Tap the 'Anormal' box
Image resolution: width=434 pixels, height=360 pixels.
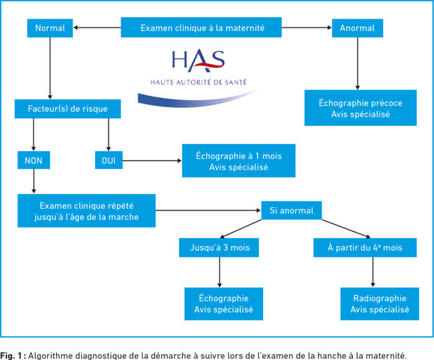pyautogui.click(x=357, y=28)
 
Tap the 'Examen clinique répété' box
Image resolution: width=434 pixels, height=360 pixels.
pyautogui.click(x=86, y=210)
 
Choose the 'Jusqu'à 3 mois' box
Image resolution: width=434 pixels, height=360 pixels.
pyautogui.click(x=218, y=249)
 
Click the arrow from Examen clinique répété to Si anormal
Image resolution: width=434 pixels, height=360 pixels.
pyautogui.click(x=207, y=211)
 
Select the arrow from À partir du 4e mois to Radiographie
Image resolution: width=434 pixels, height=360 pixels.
pyautogui.click(x=373, y=273)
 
